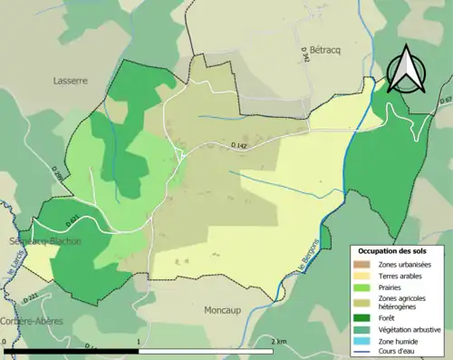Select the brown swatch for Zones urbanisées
click(362, 264)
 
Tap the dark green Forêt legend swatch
click(362, 317)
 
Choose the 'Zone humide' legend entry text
click(400, 342)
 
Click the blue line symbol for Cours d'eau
click(362, 353)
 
